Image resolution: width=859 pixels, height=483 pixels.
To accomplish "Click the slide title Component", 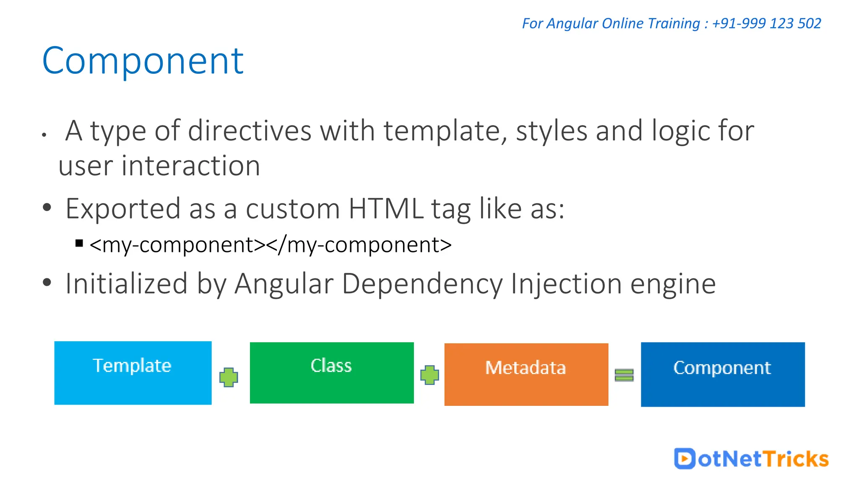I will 143,61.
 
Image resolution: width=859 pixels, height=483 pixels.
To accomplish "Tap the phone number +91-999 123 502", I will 766,23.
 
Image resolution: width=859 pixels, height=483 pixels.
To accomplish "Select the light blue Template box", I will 133,373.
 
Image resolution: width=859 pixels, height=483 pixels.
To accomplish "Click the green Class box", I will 331,373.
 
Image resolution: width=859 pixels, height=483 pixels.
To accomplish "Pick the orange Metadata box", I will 526,374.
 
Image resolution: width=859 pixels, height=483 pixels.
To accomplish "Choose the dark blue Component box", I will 722,374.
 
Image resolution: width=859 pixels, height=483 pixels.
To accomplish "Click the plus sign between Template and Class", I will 229,377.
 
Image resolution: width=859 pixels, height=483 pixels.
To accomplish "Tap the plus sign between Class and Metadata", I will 429,375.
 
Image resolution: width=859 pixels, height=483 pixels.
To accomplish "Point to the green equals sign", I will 624,375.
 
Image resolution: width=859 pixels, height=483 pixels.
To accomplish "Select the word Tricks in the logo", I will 796,459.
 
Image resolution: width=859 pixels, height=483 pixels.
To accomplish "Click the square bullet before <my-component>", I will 79,243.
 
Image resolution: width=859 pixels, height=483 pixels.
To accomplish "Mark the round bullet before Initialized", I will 47,283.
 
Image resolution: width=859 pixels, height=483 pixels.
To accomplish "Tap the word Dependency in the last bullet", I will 422,284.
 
